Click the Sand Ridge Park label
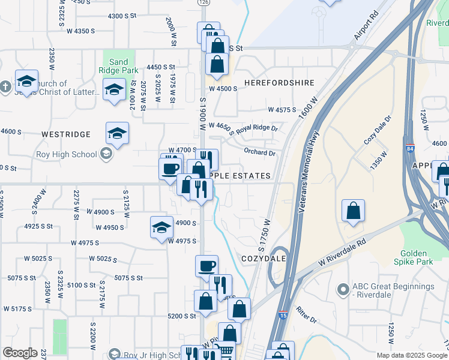pyautogui.click(x=118, y=66)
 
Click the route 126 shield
pyautogui.click(x=204, y=2)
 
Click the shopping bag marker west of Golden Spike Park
pyautogui.click(x=354, y=211)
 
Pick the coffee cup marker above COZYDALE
pyautogui.click(x=206, y=266)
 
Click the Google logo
pyautogui.click(x=20, y=353)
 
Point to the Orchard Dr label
pyautogui.click(x=259, y=152)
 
